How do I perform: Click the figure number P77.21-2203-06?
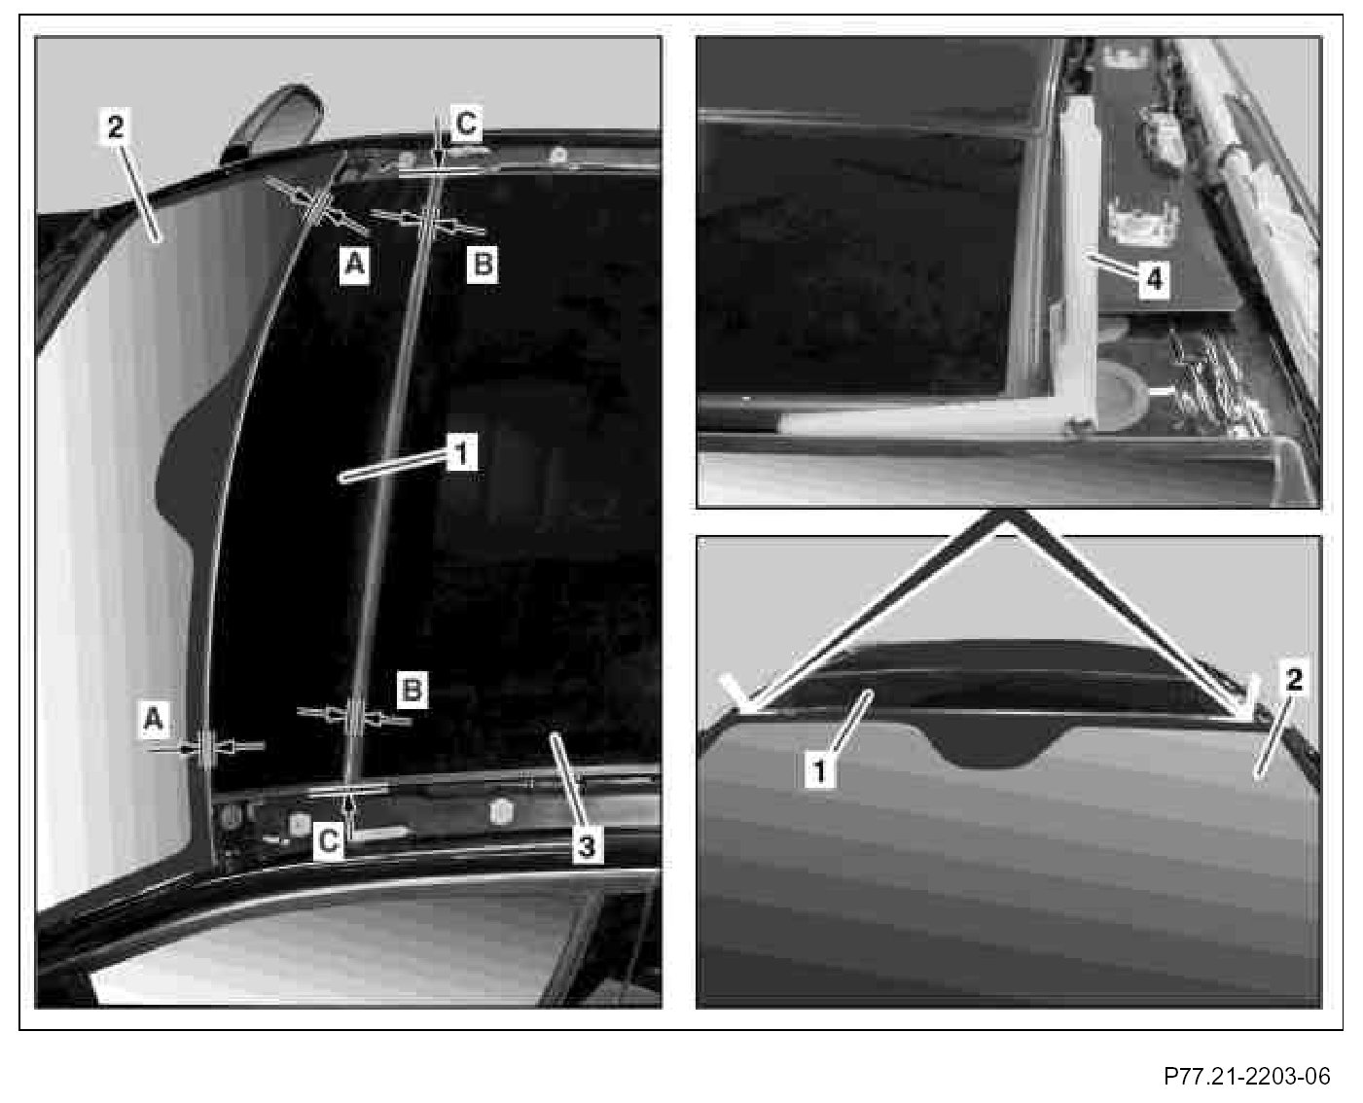click(1246, 1076)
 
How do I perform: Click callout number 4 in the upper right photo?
click(1154, 279)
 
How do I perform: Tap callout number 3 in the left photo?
click(587, 846)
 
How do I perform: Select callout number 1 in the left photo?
click(461, 452)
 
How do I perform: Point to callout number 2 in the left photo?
click(115, 127)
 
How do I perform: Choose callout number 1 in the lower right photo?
click(820, 771)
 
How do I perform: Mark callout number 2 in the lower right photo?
click(1293, 680)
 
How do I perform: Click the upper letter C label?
click(466, 124)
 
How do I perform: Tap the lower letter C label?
click(329, 840)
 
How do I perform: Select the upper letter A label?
click(355, 264)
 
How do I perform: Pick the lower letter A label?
click(154, 720)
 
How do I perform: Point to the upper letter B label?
click(483, 264)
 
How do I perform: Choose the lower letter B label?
click(412, 690)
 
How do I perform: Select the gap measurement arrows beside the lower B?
click(354, 717)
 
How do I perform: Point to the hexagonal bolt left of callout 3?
click(502, 812)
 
